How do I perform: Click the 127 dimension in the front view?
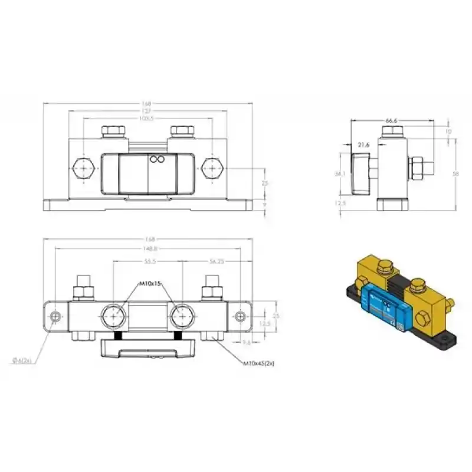148,110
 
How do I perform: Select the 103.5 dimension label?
148,118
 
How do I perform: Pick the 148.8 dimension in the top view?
148,248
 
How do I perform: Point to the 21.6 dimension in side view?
364,145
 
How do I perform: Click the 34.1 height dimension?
339,174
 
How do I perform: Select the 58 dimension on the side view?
455,174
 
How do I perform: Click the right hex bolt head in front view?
212,169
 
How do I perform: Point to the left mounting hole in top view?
55,317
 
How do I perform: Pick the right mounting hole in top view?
240,317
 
